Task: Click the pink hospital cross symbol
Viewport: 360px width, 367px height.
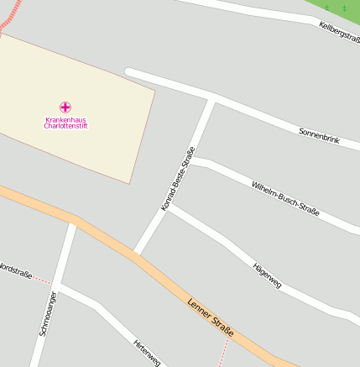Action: pyautogui.click(x=65, y=107)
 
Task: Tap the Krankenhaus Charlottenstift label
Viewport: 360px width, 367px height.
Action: pyautogui.click(x=65, y=123)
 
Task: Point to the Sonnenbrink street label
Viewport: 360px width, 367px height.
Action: pyautogui.click(x=319, y=134)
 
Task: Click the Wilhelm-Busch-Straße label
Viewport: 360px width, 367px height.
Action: pyautogui.click(x=285, y=197)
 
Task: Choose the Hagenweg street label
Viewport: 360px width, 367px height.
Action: pyautogui.click(x=267, y=275)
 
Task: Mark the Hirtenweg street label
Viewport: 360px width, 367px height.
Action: pyautogui.click(x=146, y=352)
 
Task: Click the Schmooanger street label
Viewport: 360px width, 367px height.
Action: pyautogui.click(x=47, y=314)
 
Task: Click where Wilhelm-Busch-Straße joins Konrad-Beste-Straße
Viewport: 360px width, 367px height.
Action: pyautogui.click(x=192, y=160)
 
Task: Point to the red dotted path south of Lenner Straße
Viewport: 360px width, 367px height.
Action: pyautogui.click(x=223, y=353)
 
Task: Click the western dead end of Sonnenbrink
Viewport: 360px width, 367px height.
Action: pyautogui.click(x=128, y=72)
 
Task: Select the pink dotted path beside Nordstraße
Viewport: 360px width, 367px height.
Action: pyautogui.click(x=43, y=280)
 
